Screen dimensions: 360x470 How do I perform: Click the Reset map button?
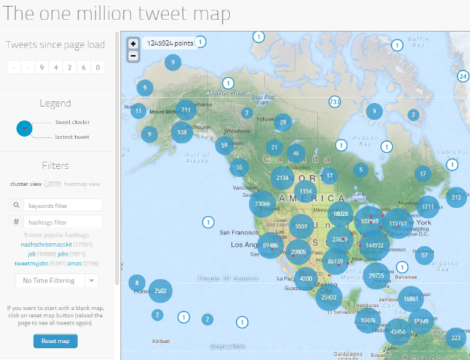click(55, 341)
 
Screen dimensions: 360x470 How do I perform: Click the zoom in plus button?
click(133, 44)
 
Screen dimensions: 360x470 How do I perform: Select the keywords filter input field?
click(62, 205)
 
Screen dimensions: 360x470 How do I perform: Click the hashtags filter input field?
click(62, 222)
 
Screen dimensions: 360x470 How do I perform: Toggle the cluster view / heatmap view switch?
click(52, 184)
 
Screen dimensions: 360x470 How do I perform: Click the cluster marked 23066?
click(262, 204)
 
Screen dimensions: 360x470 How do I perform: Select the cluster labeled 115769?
click(398, 223)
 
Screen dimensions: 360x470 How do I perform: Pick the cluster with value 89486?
click(270, 245)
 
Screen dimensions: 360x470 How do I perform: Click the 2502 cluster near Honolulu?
click(161, 291)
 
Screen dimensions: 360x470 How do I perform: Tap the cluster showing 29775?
click(377, 276)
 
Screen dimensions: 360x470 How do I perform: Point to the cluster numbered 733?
click(335, 101)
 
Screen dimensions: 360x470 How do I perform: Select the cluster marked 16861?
click(411, 299)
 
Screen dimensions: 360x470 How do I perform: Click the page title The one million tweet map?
click(117, 14)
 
